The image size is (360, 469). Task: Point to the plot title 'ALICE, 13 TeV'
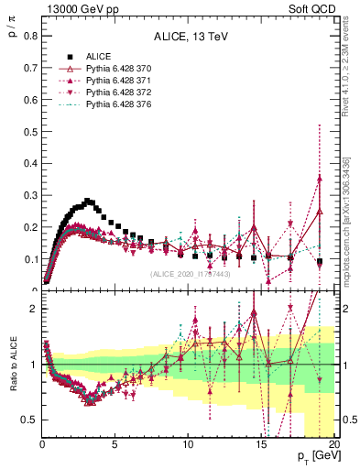pyautogui.click(x=186, y=38)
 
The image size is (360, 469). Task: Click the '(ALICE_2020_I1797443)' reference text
pyautogui.click(x=190, y=273)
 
